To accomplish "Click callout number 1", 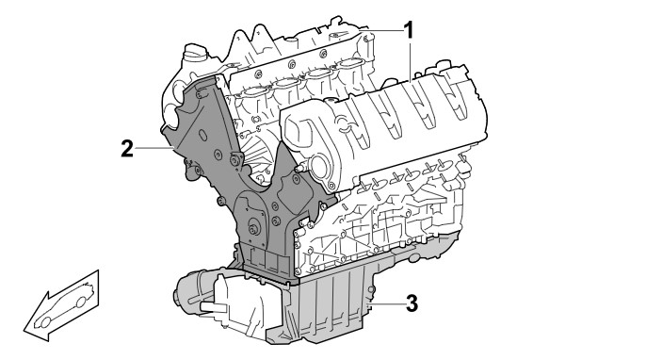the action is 408,30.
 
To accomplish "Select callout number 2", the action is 127,149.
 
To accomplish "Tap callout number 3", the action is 412,303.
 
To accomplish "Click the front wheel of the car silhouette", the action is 45,321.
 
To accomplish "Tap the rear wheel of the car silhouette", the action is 81,303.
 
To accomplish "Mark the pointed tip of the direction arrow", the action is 24,330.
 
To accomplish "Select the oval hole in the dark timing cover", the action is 202,136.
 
